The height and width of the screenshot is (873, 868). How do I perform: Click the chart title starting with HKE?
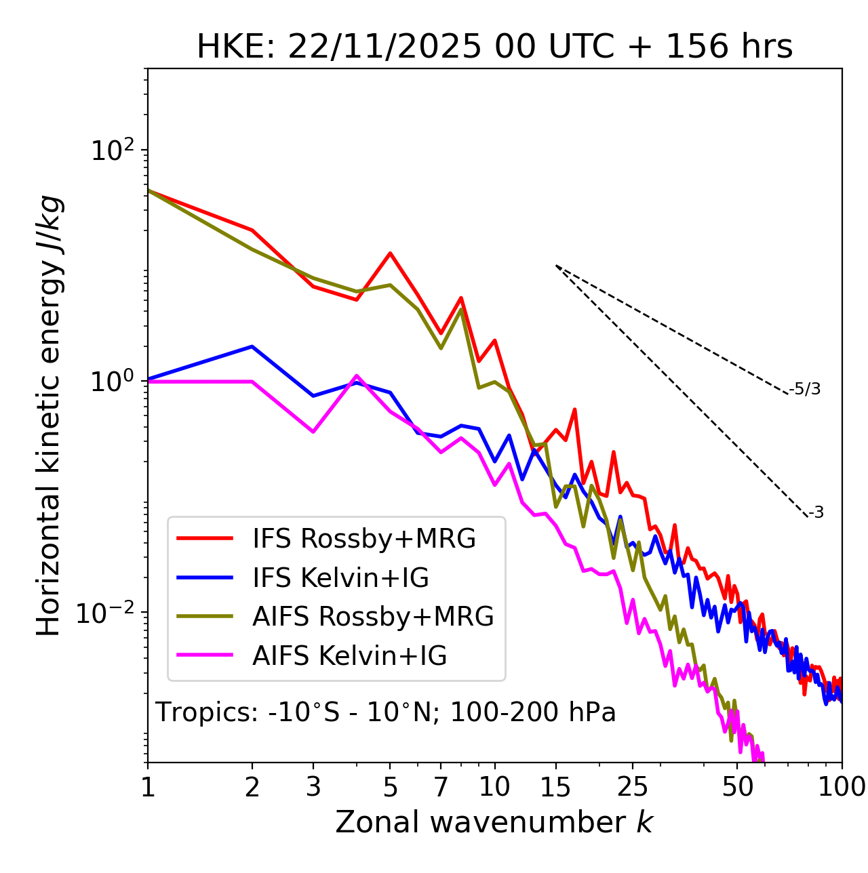pyautogui.click(x=494, y=47)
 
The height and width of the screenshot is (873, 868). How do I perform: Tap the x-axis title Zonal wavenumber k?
pyautogui.click(x=494, y=822)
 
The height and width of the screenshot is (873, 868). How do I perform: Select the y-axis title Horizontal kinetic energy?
pyautogui.click(x=50, y=416)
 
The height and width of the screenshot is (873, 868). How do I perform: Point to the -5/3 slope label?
pyautogui.click(x=805, y=389)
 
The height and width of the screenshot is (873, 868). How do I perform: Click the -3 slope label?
pyautogui.click(x=816, y=512)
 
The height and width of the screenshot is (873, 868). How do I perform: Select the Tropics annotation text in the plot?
pyautogui.click(x=386, y=712)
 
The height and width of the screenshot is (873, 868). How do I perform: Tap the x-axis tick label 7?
pyautogui.click(x=441, y=787)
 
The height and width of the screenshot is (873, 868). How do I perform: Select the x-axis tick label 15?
pyautogui.click(x=555, y=787)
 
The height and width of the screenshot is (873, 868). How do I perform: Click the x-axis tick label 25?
pyautogui.click(x=633, y=787)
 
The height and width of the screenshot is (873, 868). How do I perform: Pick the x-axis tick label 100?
pyautogui.click(x=842, y=787)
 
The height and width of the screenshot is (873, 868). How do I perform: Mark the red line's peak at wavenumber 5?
pyautogui.click(x=390, y=253)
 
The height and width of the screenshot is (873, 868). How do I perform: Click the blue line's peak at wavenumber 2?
pyautogui.click(x=252, y=346)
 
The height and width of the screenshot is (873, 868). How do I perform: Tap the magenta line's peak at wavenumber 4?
pyautogui.click(x=357, y=375)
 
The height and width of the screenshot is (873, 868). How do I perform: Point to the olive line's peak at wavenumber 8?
pyautogui.click(x=461, y=309)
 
